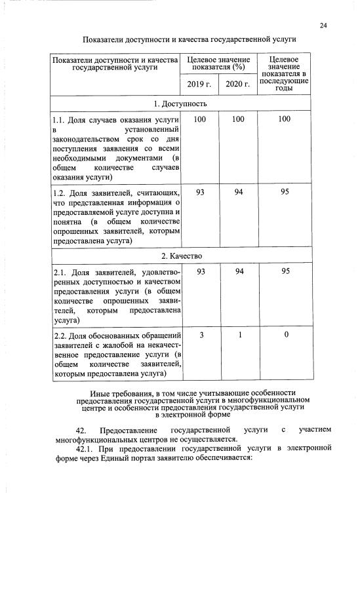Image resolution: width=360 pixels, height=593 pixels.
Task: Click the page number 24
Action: [323, 26]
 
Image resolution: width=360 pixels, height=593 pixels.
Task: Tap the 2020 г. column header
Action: [238, 85]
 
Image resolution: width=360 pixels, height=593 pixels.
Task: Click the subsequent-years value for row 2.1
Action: [284, 271]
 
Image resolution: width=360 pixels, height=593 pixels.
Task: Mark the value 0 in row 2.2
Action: [284, 335]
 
